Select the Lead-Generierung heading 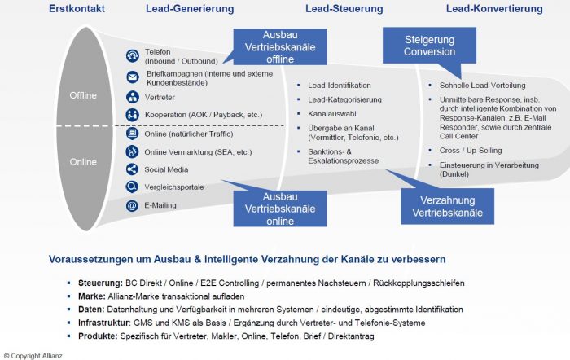191,9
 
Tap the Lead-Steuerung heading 340,9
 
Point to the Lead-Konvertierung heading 494,9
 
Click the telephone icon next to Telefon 133,56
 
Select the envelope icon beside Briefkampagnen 133,78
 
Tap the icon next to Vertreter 133,97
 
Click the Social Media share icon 133,169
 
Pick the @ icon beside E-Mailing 133,206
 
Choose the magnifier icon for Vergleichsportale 133,187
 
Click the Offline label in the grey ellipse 82,95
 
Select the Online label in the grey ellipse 82,162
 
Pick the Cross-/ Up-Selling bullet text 471,150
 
